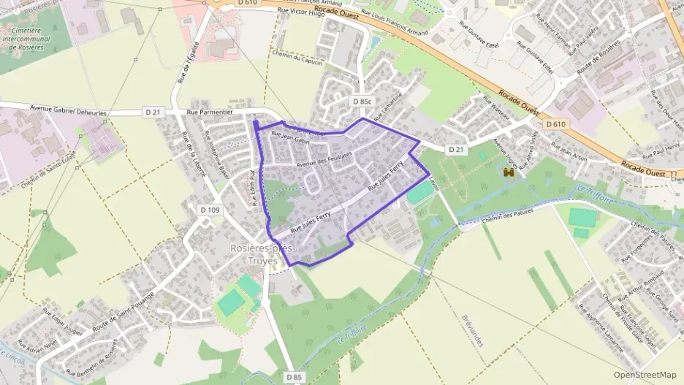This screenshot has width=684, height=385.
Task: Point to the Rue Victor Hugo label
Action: click(x=301, y=13)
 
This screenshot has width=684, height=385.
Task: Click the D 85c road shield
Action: click(x=362, y=102)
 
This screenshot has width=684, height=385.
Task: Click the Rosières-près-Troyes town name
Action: click(x=262, y=254)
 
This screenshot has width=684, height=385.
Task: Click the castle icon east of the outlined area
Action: click(x=509, y=172)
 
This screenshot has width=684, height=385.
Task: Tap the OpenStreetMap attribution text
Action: click(x=645, y=375)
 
